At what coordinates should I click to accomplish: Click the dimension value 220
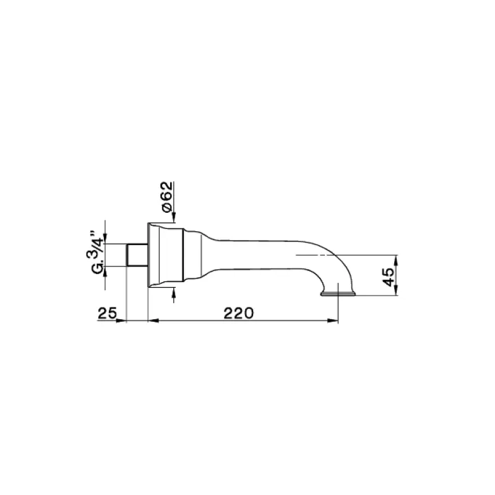pyautogui.click(x=238, y=313)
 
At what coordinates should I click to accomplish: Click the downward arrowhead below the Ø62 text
pyautogui.click(x=174, y=218)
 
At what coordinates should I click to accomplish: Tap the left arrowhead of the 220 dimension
pyautogui.click(x=153, y=321)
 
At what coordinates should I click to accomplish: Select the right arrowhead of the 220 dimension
pyautogui.click(x=334, y=321)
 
